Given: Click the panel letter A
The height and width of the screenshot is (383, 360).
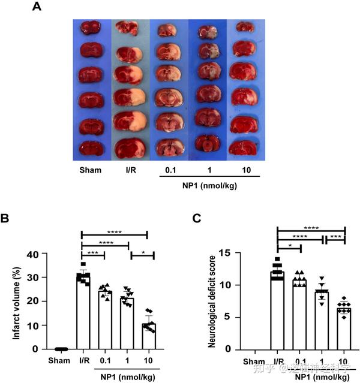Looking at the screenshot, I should [37, 7].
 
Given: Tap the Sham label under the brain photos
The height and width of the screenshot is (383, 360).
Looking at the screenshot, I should [90, 170].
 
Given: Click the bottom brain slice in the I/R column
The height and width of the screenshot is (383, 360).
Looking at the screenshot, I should [128, 147].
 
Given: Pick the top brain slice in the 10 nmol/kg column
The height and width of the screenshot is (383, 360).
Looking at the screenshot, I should [244, 27].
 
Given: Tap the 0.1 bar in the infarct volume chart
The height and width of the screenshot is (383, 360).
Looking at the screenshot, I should [104, 321].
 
